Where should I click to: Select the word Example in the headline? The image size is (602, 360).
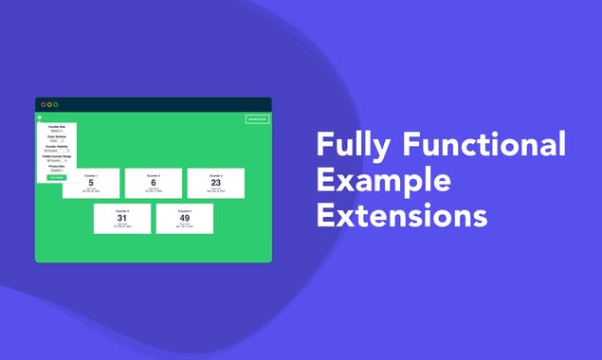point(384,181)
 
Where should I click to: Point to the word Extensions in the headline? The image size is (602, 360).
point(402,215)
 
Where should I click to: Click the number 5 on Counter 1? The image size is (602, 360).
point(91,184)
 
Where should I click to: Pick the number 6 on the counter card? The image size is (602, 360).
point(154,184)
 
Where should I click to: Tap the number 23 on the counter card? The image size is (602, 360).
point(216,184)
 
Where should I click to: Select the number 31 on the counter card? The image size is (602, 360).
point(122,219)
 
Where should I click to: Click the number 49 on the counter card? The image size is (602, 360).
point(185,219)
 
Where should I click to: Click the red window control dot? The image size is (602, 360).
point(43,104)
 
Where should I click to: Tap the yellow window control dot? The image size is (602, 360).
point(49,104)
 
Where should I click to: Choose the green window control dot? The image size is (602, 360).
point(56,104)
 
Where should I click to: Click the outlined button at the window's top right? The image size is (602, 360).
point(257,119)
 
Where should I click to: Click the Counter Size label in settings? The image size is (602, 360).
point(57,126)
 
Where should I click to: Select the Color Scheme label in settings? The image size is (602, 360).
point(57,136)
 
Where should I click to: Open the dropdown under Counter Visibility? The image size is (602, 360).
point(57,151)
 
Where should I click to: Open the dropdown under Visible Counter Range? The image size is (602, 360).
point(57,161)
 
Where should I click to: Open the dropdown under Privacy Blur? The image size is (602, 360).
point(57,171)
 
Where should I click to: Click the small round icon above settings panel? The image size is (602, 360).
point(40,117)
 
